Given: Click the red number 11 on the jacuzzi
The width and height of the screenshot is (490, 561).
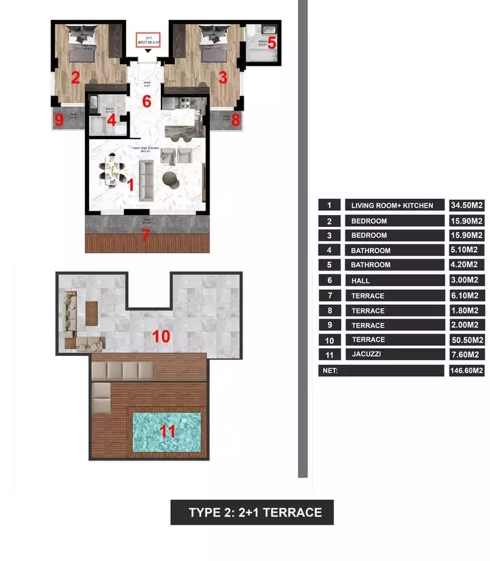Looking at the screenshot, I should [x=166, y=431].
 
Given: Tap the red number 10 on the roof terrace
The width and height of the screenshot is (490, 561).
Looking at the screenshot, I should [x=161, y=337].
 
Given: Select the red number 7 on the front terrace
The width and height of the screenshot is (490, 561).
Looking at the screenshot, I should [x=146, y=236].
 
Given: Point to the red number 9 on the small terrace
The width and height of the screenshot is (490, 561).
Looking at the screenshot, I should [x=59, y=120].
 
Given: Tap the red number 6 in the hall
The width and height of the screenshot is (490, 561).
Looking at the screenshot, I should [x=147, y=101].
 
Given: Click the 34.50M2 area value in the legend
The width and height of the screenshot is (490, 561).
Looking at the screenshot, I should [x=467, y=205].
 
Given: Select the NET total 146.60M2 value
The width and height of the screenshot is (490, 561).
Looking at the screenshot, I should [x=467, y=370].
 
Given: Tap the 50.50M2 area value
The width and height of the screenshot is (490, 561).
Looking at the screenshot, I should [x=467, y=340].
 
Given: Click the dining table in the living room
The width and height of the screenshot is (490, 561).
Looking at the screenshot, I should [x=112, y=170].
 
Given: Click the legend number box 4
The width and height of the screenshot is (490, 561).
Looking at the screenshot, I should [x=329, y=250].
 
